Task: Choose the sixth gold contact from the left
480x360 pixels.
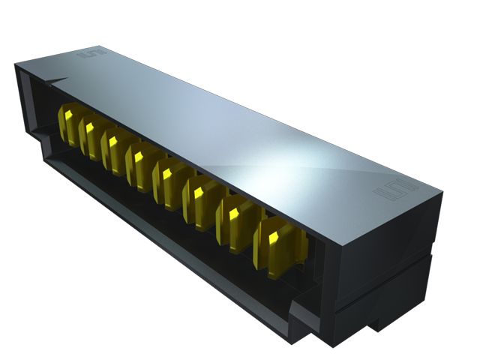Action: click(x=197, y=198)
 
